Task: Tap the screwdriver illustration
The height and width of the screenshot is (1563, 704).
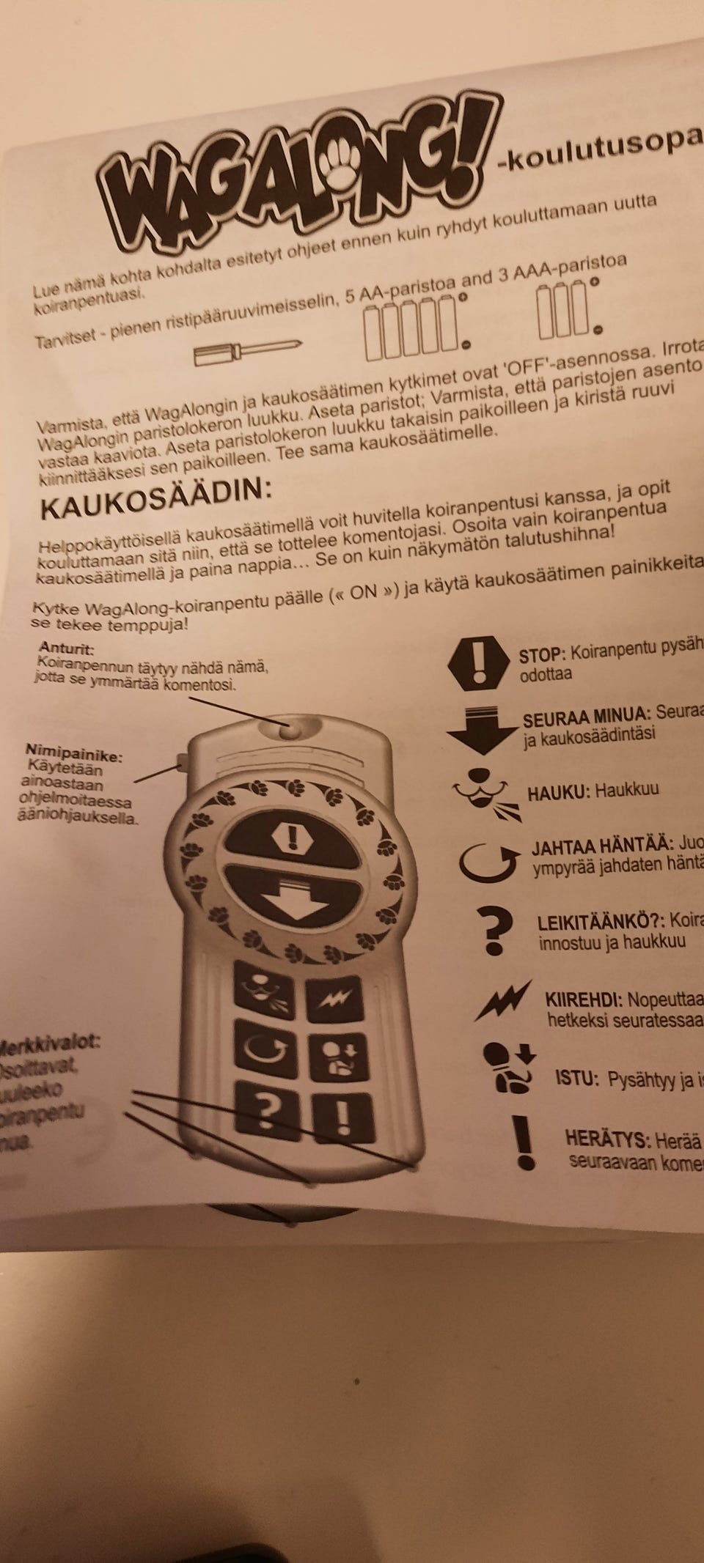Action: click(x=247, y=351)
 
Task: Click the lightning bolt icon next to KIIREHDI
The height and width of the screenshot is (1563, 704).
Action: click(x=503, y=1000)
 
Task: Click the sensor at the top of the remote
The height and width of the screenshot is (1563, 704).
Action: click(x=290, y=729)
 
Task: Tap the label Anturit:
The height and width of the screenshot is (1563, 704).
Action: click(x=67, y=649)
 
